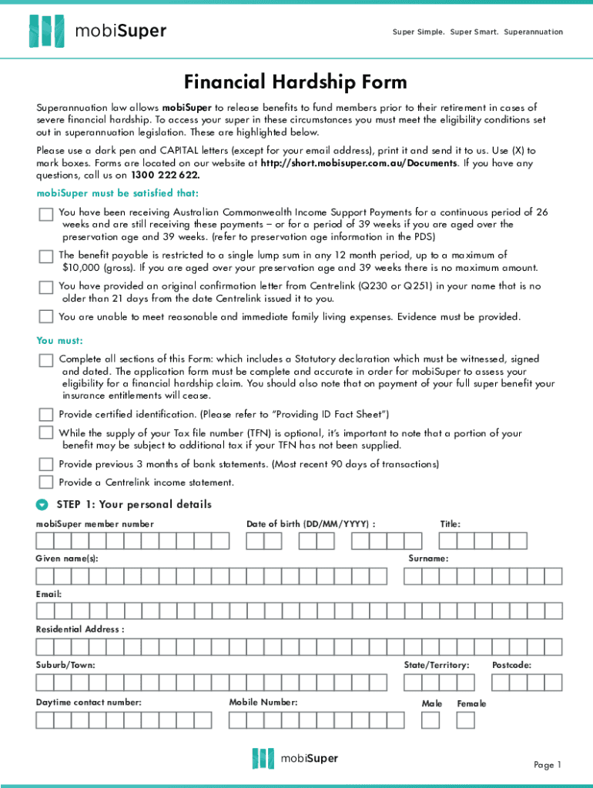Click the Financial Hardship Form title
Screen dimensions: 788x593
point(296,82)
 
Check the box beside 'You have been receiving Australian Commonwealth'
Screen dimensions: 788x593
point(46,215)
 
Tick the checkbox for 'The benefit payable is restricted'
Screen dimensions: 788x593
point(46,256)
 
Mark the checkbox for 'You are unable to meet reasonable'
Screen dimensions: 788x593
point(46,316)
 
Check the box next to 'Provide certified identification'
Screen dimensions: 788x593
point(46,414)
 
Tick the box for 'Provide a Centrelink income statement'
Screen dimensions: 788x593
point(46,482)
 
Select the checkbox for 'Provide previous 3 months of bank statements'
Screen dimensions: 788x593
point(46,464)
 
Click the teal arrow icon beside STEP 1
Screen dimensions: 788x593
point(42,505)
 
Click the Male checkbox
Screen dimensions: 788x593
point(431,720)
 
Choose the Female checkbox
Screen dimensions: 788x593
point(466,720)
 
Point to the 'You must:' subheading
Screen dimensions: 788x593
point(59,340)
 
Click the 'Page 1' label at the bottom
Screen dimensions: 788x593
point(548,764)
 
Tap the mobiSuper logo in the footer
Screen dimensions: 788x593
point(296,758)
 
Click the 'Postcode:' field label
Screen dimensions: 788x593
point(511,665)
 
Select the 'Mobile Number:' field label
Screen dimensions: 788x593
point(263,702)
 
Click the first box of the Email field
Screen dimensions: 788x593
point(45,611)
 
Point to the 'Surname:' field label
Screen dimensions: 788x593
point(428,558)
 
